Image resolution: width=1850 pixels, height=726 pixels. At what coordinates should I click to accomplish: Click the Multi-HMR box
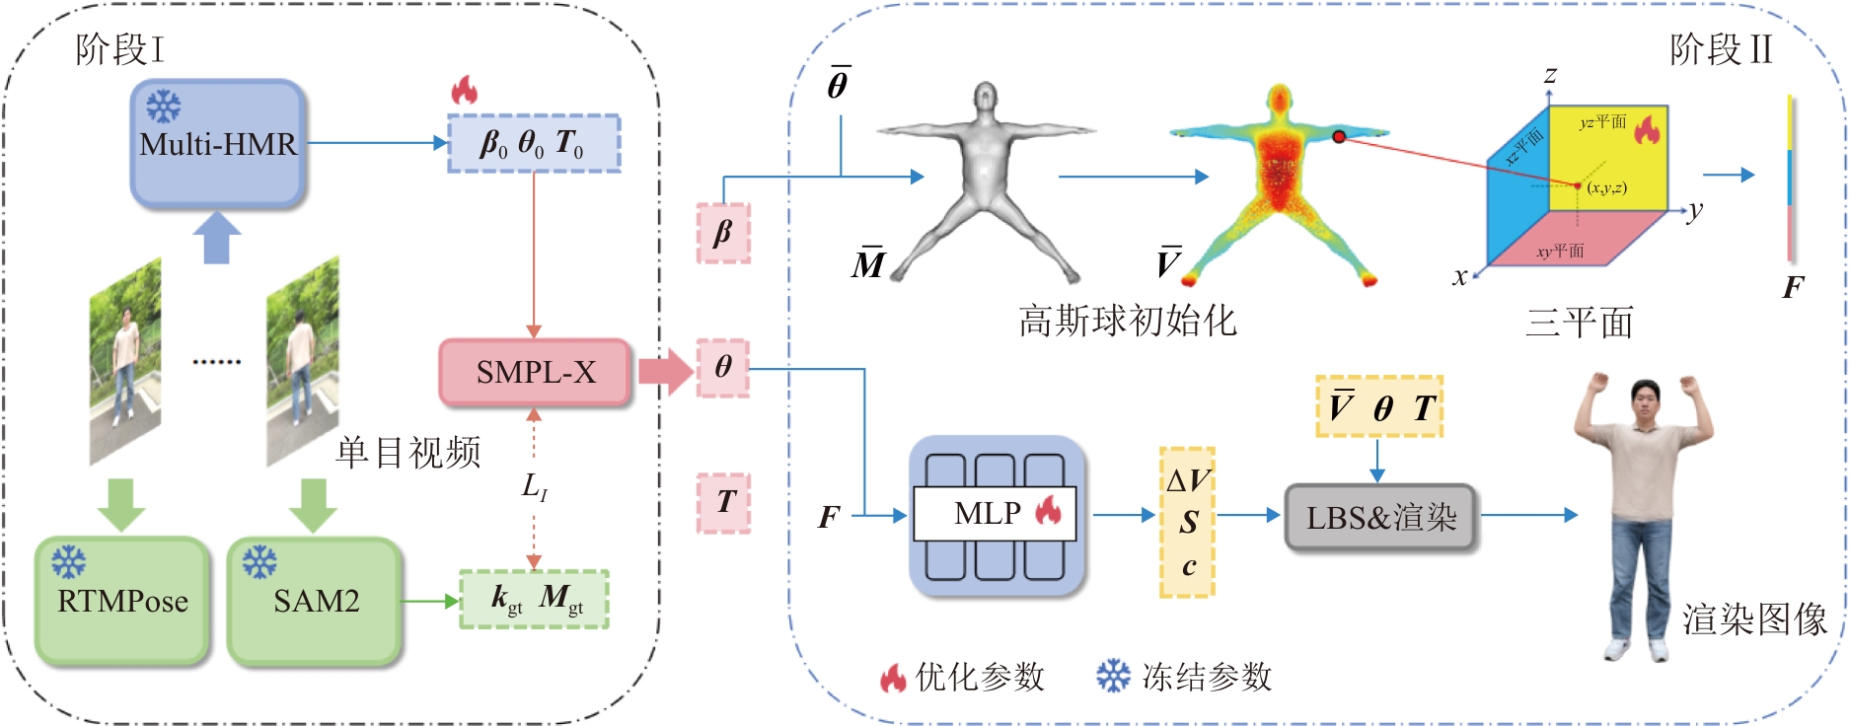click(217, 144)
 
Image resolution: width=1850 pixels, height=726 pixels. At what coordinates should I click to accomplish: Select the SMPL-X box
click(535, 373)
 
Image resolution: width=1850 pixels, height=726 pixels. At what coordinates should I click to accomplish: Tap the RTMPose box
click(122, 601)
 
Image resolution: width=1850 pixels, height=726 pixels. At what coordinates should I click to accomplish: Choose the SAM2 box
click(316, 601)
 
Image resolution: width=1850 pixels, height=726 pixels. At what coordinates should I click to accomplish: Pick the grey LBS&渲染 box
click(1380, 517)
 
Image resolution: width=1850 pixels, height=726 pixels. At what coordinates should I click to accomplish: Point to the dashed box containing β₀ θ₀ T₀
click(534, 144)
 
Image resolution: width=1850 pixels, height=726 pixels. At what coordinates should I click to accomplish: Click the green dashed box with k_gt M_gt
click(535, 599)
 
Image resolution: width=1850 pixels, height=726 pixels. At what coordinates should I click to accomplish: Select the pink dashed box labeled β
click(723, 234)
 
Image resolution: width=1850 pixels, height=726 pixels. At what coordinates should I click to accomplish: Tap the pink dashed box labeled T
click(724, 502)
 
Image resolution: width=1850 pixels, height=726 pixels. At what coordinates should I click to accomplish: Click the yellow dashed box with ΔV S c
click(1187, 523)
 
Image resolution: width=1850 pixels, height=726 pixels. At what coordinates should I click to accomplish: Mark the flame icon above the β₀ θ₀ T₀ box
click(464, 91)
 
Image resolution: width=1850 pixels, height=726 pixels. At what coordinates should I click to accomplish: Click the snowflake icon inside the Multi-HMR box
click(164, 107)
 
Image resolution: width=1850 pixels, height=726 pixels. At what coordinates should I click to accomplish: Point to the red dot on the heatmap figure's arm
click(1339, 136)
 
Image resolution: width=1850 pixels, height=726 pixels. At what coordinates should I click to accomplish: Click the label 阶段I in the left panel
click(119, 49)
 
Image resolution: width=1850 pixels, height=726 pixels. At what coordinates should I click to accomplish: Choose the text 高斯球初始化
click(1127, 321)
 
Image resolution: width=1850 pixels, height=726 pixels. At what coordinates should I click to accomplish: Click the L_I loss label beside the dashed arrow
click(534, 486)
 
